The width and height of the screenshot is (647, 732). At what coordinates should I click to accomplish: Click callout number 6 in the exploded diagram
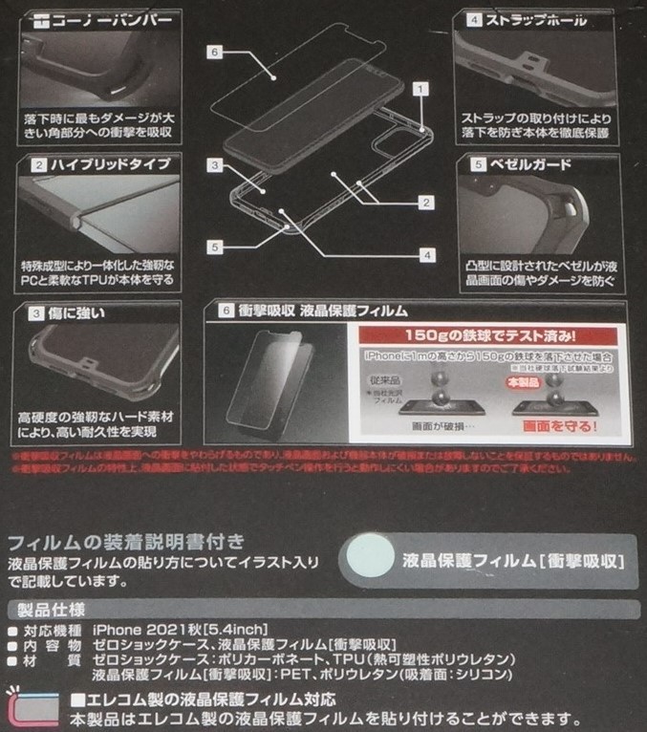[215, 53]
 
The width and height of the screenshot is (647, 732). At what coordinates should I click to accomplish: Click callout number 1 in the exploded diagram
[418, 87]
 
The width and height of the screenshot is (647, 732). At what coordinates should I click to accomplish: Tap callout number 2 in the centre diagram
[426, 202]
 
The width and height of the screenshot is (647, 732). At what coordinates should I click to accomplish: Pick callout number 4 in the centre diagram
[426, 255]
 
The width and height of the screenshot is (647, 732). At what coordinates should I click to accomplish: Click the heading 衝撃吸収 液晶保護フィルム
[323, 311]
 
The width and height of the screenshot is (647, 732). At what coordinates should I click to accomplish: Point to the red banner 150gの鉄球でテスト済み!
[491, 336]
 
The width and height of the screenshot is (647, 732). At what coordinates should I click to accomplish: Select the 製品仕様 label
[47, 610]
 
